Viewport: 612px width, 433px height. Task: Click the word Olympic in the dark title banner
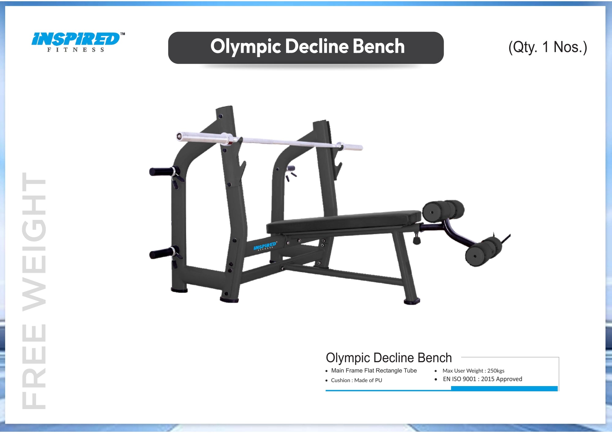click(245, 47)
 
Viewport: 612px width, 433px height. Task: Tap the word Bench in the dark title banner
click(379, 47)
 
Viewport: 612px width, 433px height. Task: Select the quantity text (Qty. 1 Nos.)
click(547, 47)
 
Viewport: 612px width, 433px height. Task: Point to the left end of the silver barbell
click(180, 136)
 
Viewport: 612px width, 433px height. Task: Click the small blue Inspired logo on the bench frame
click(265, 246)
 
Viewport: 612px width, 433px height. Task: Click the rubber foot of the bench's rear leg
click(412, 301)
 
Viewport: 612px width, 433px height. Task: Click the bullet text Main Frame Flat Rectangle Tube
click(374, 371)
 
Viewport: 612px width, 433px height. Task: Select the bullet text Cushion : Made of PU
click(356, 380)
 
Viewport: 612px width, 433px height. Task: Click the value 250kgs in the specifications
click(496, 371)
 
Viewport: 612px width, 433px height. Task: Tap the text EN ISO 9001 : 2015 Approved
click(482, 379)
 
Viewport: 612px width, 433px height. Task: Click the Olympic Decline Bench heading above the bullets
click(389, 358)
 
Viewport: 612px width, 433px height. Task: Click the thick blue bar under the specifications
click(504, 389)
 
